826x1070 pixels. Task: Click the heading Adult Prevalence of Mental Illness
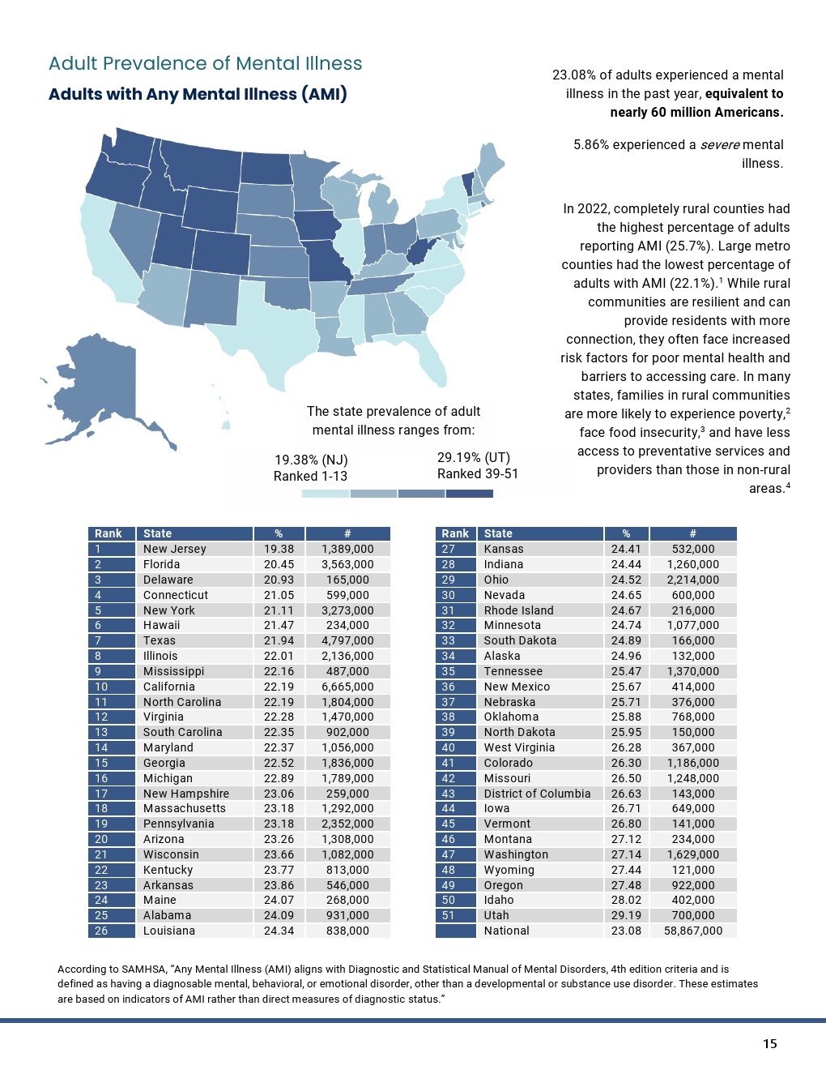coord(206,64)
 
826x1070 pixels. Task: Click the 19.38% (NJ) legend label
coord(311,460)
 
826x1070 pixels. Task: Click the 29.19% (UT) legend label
coord(474,457)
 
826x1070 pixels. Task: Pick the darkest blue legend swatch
coord(470,493)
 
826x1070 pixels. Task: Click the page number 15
coord(769,1043)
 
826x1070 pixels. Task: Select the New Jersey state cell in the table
coord(175,549)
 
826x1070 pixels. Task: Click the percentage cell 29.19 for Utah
coord(626,915)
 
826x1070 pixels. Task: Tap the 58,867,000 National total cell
coord(693,931)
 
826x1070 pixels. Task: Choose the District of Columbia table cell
coord(537,794)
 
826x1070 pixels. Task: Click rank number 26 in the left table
coord(101,931)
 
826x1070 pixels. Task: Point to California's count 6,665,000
coord(347,687)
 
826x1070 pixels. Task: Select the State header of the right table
coord(498,533)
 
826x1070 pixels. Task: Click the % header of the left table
coord(279,533)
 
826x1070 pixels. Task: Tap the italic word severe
coord(720,145)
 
